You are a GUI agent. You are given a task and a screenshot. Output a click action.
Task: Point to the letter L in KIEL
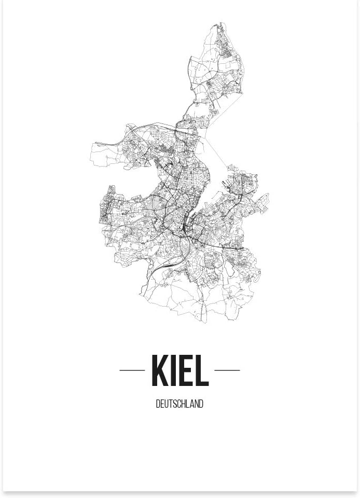click(201, 370)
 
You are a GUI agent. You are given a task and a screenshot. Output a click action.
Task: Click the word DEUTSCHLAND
click(179, 404)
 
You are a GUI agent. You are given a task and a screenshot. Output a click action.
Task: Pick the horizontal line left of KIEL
click(132, 370)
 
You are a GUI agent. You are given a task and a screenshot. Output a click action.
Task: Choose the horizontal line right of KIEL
click(227, 370)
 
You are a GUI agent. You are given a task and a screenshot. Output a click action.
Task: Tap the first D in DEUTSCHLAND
click(158, 404)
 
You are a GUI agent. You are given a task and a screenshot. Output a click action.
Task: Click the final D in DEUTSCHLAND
click(201, 404)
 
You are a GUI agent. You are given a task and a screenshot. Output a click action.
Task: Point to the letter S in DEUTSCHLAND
click(175, 404)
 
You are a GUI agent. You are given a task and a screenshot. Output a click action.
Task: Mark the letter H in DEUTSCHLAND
click(184, 404)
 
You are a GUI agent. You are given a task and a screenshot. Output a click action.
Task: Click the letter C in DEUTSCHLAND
click(179, 404)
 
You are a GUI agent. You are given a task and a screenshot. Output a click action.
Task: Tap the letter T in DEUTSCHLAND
click(171, 404)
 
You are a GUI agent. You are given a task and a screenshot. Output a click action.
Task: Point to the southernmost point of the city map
click(203, 322)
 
